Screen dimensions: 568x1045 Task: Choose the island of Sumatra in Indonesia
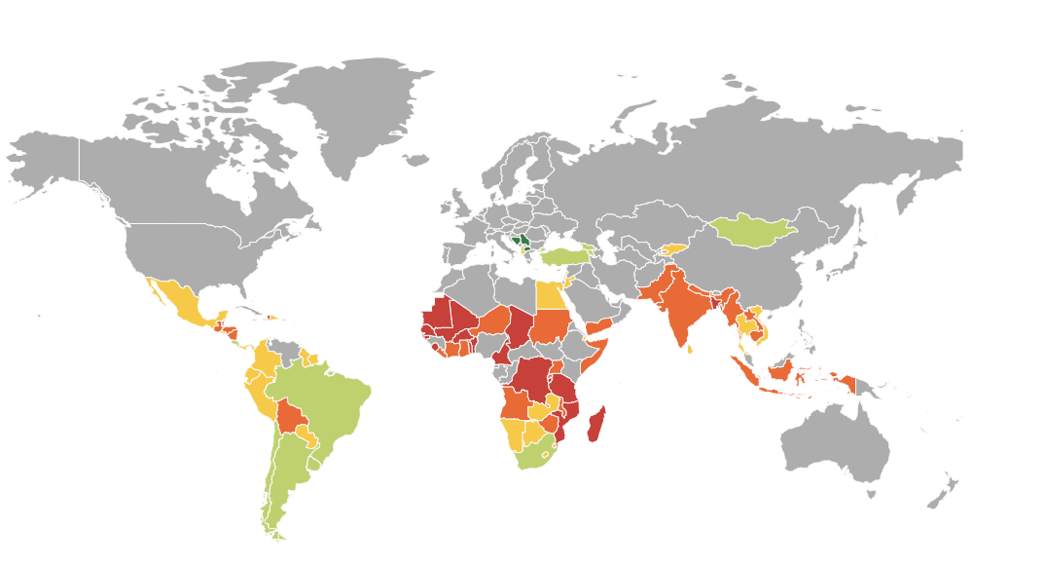point(743,372)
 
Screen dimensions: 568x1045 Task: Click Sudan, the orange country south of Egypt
point(550,326)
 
